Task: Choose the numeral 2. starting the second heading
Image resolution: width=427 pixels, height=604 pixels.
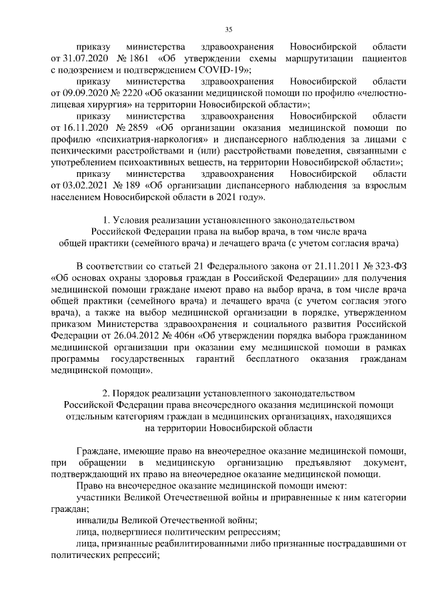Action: click(105, 393)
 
